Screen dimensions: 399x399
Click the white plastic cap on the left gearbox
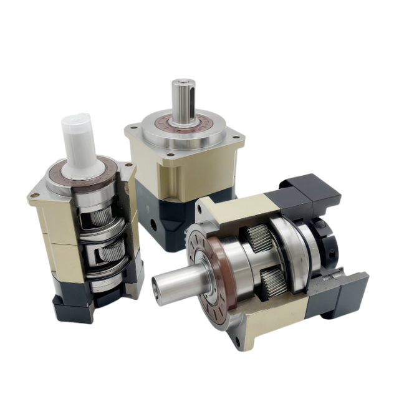point(76,141)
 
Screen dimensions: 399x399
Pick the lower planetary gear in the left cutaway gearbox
point(111,252)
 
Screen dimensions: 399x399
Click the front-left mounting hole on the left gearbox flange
point(34,197)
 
